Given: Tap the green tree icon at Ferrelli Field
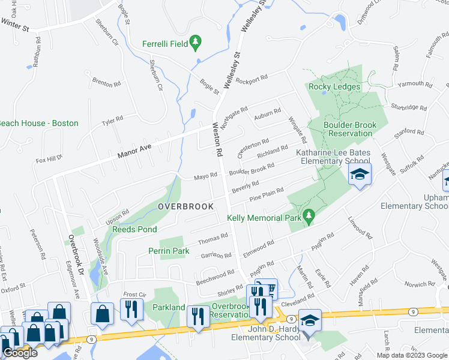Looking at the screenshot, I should click(x=195, y=42).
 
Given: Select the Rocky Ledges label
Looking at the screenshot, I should click(x=334, y=86).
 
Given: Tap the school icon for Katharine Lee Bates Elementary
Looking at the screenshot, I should click(x=360, y=175).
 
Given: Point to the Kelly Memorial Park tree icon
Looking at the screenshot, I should click(x=309, y=215).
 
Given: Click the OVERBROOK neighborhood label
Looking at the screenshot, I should click(x=185, y=206).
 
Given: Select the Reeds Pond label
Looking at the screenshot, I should click(x=135, y=229).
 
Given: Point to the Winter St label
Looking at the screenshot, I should click(x=16, y=23).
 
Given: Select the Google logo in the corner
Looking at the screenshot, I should click(x=20, y=353).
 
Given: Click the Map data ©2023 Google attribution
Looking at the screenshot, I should click(x=411, y=355).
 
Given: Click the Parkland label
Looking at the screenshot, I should click(x=168, y=307).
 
